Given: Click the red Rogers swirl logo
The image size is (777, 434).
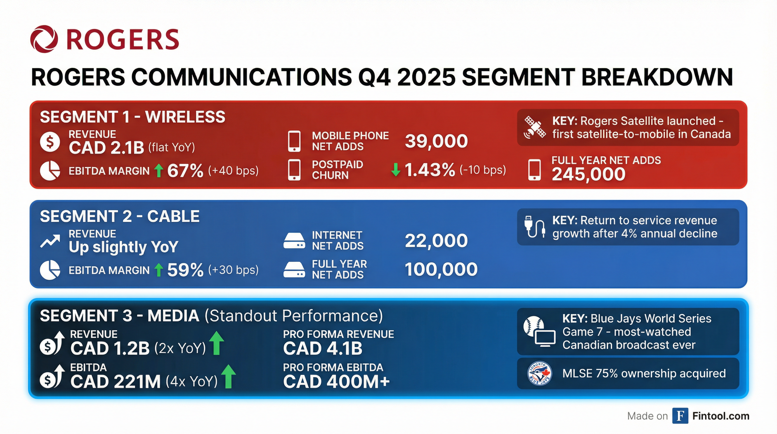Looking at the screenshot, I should point(44,39).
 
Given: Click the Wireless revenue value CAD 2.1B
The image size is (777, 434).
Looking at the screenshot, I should point(106,148).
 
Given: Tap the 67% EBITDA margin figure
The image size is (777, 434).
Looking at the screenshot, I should point(185,171).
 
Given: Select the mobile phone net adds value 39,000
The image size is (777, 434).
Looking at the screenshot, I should point(436,141).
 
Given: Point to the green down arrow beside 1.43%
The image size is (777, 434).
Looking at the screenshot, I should point(396,170).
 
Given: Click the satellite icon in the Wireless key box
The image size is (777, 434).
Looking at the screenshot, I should point(534,127).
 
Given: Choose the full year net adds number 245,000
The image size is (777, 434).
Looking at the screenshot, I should point(588,174).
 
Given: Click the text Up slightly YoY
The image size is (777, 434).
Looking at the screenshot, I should point(123,247).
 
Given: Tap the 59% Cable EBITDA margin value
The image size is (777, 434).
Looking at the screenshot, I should point(185,270).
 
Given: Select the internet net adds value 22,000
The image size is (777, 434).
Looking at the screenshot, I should point(436,240).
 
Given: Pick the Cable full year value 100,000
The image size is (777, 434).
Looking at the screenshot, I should point(441,269).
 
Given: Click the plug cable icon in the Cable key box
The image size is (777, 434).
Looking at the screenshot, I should point(534,227).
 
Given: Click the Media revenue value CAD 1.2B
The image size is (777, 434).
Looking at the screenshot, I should point(110,348).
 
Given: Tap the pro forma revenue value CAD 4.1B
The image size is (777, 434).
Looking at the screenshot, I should point(323,348).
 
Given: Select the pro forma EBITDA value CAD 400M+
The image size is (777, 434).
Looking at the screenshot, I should point(336,381).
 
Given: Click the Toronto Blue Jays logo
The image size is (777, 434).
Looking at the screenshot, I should point(539,374).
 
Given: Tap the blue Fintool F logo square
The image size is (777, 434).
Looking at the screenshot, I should point(680,416).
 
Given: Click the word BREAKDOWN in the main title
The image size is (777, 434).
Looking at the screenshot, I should point(657,77).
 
